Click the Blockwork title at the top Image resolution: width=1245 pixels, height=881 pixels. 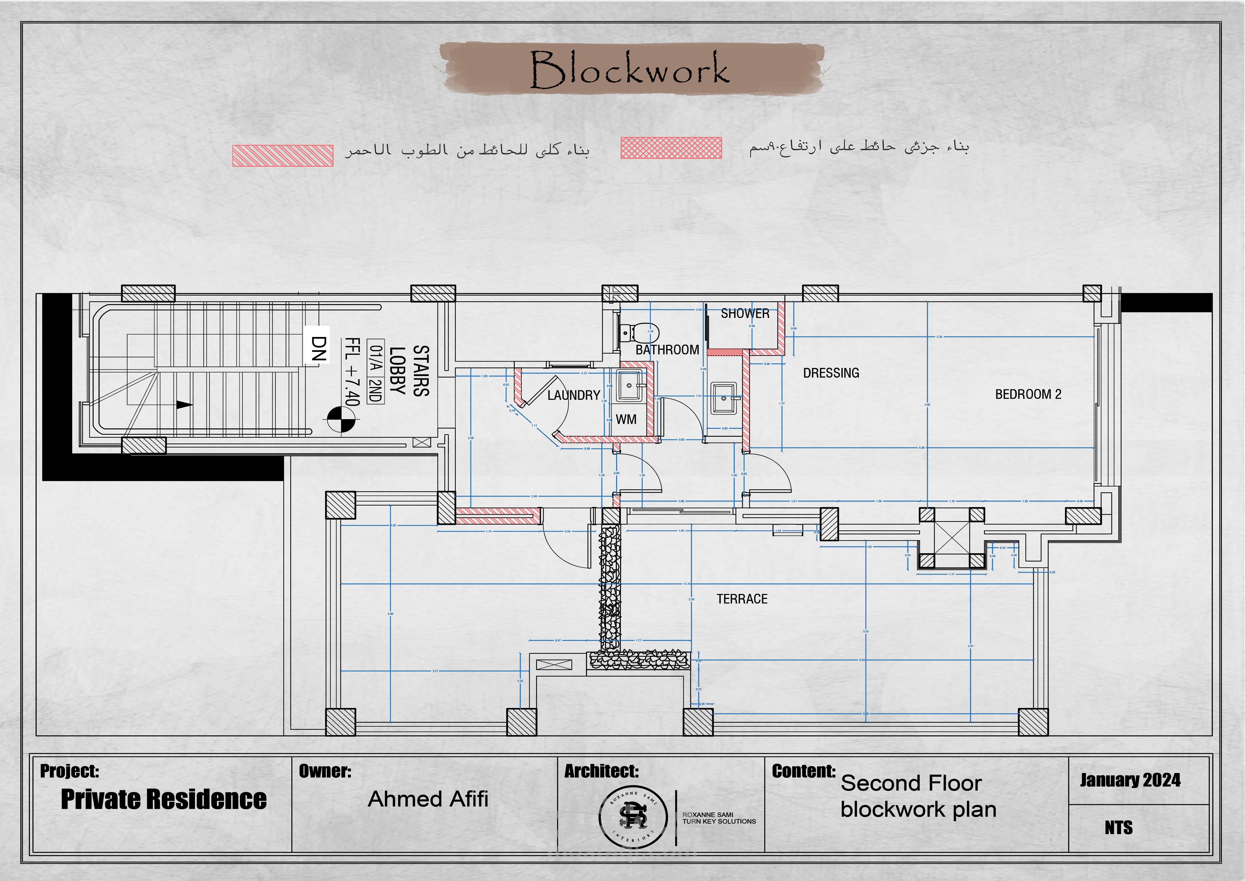[630, 69]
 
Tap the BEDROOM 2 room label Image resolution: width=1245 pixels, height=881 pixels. [1028, 394]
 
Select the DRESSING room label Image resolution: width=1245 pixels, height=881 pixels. [831, 373]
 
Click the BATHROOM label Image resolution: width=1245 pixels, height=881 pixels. [667, 350]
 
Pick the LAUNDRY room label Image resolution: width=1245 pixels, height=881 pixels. [573, 396]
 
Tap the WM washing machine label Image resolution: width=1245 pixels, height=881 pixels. [626, 419]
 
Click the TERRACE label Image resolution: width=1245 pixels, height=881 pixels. [742, 599]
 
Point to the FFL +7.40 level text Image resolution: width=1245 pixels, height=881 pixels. [352, 372]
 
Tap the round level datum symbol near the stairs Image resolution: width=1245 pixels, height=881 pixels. [341, 419]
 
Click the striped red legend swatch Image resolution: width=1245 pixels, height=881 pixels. [283, 156]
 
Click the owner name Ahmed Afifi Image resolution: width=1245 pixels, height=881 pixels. [428, 799]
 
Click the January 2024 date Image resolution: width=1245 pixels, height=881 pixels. [1130, 780]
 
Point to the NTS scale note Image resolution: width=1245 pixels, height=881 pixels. [1119, 828]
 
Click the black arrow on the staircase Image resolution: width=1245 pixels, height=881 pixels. [184, 405]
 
